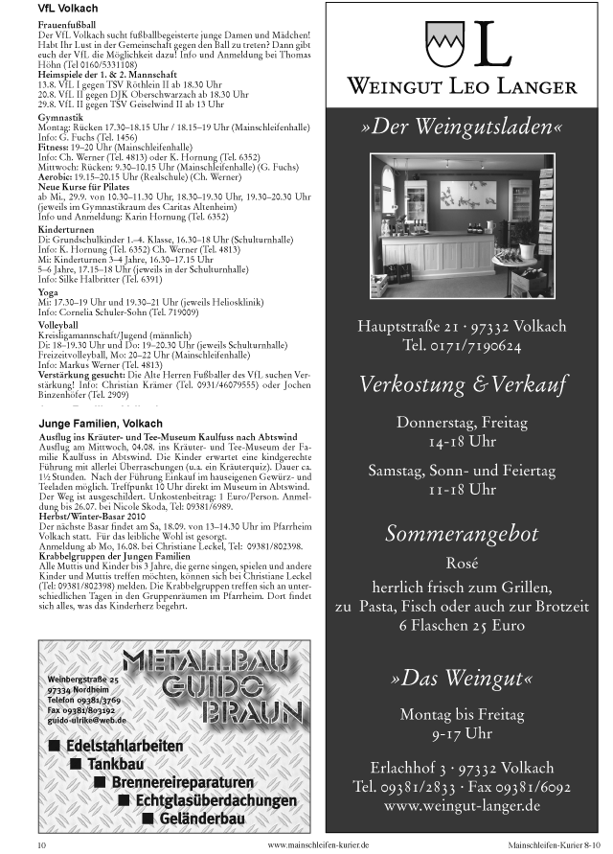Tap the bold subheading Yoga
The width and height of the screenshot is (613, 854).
47,290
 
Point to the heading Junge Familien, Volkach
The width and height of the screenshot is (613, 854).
101,423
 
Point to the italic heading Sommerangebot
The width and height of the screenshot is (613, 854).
463,534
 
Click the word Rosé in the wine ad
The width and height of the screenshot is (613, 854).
463,563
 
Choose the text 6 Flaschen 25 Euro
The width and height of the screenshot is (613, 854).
463,625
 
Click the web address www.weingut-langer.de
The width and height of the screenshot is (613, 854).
463,806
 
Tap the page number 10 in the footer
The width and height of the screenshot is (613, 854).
41,845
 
